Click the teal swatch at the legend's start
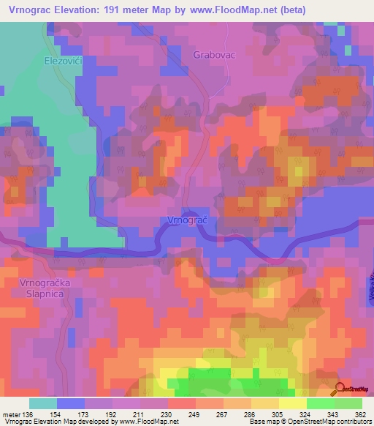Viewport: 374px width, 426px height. [42, 403]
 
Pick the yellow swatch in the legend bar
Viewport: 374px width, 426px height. [292, 403]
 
